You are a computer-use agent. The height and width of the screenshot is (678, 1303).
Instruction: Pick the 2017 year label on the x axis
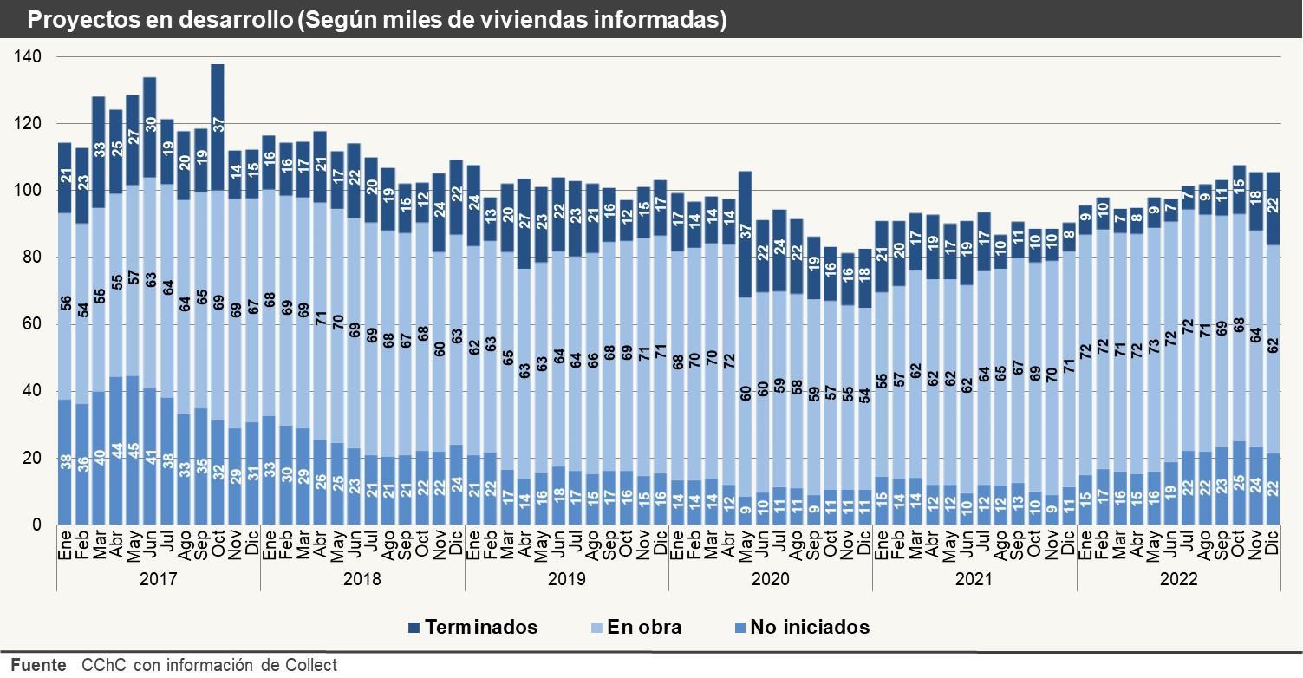point(159,579)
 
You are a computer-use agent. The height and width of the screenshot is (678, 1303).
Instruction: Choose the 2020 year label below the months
point(770,579)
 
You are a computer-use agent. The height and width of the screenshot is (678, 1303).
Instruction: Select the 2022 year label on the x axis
point(1178,579)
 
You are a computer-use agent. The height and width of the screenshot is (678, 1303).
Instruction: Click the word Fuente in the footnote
point(38,666)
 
